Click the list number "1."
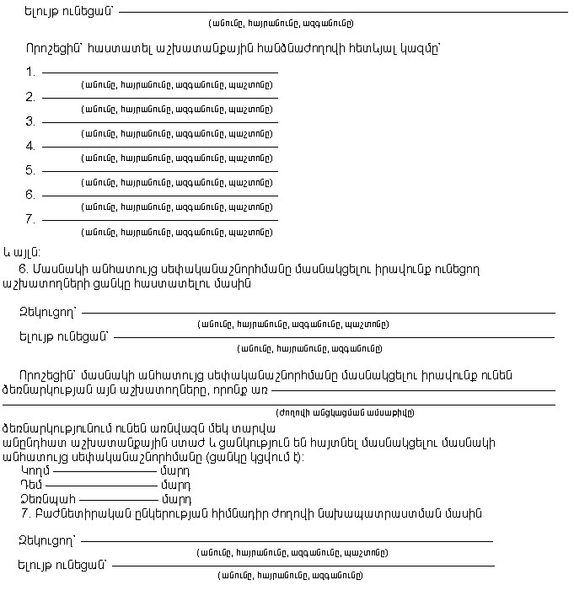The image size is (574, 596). (30, 72)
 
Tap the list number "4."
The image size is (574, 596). (30, 146)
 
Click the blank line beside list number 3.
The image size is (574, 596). (159, 123)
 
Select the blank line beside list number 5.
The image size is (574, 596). (159, 172)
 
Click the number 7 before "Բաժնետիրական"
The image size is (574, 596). (25, 513)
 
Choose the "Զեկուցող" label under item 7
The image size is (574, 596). (46, 540)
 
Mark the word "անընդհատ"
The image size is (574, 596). (39, 443)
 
